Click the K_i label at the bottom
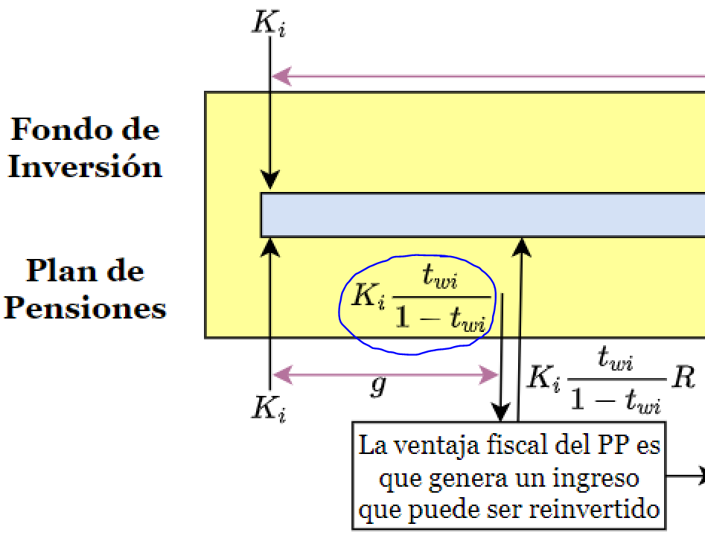269,409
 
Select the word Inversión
85,166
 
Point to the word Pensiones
85,307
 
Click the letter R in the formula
683,377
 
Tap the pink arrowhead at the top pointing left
278,75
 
